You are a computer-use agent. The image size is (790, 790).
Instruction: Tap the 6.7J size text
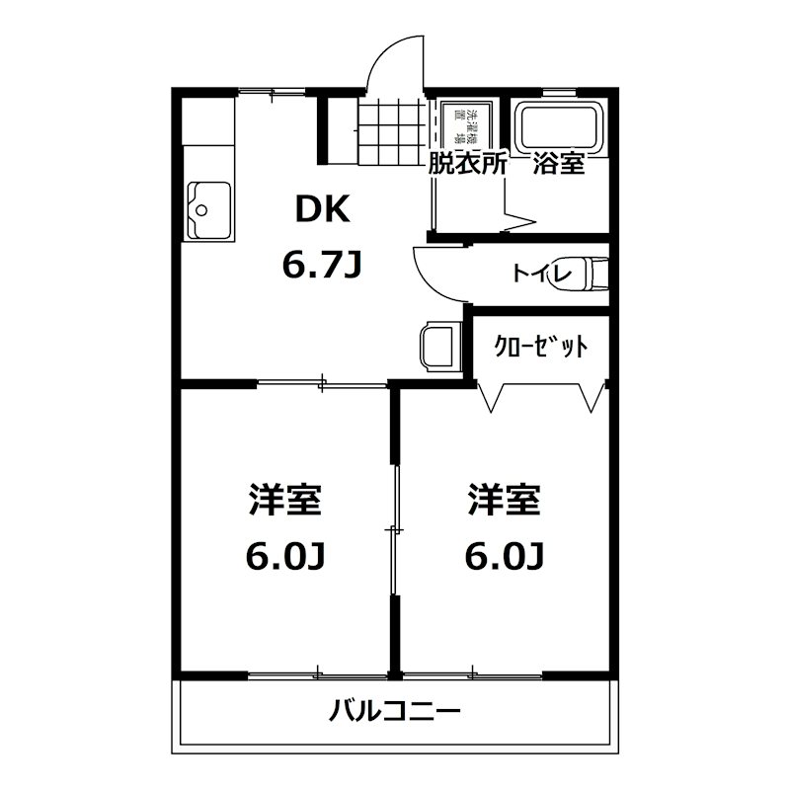coord(322,265)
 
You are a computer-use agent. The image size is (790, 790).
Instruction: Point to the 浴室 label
coord(559,164)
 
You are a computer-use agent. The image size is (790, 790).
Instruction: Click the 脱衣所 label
coord(467,164)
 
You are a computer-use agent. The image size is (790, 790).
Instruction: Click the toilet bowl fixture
coord(594,272)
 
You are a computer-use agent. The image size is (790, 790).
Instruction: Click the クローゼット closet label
coord(540,347)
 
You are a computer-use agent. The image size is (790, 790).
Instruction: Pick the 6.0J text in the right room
coord(505,558)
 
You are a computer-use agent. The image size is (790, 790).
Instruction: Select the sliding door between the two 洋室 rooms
coord(394,530)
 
